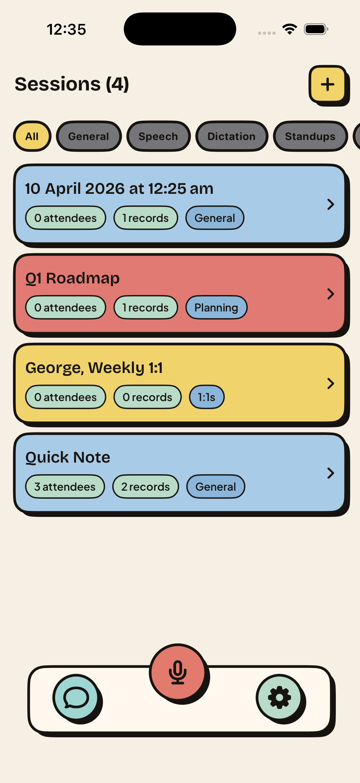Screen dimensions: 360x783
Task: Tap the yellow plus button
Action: [327, 84]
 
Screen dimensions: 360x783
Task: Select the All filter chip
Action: [32, 136]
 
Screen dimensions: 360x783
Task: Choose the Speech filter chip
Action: [158, 136]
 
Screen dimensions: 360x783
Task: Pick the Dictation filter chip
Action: [232, 136]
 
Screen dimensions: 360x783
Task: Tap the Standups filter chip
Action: [310, 136]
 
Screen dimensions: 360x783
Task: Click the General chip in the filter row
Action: [89, 136]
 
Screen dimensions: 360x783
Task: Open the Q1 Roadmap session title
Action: [73, 278]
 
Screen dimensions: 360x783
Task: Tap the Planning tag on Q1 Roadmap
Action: [216, 307]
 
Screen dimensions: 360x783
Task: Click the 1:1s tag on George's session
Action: [207, 397]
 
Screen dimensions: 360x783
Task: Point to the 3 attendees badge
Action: [65, 486]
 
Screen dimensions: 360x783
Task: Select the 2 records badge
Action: [145, 486]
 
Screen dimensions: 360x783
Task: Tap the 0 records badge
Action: [147, 397]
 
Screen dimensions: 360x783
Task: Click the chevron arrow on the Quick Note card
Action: [330, 473]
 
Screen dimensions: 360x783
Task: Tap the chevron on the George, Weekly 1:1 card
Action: [330, 384]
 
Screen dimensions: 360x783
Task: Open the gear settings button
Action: [279, 697]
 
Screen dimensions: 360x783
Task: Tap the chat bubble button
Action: [76, 697]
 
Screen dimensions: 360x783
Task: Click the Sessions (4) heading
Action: [72, 84]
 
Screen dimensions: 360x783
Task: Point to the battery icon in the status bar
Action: [316, 29]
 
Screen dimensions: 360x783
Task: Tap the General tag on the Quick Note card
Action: [216, 486]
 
